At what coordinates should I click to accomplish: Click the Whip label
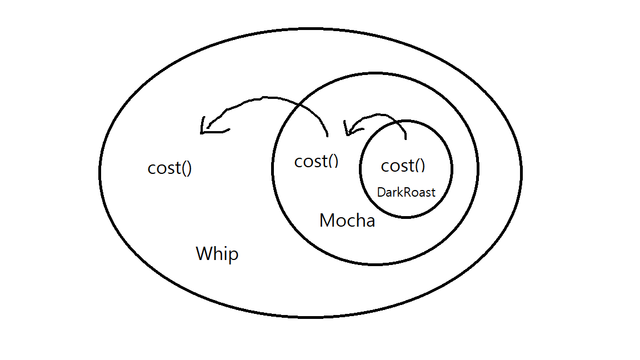click(x=217, y=254)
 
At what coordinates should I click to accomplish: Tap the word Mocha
click(x=347, y=221)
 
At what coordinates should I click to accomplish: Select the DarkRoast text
click(x=406, y=193)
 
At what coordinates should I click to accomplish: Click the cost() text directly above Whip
click(x=169, y=168)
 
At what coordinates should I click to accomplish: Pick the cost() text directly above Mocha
click(x=316, y=161)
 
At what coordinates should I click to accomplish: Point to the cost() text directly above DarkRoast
click(x=403, y=166)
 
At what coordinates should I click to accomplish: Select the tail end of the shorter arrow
click(x=407, y=138)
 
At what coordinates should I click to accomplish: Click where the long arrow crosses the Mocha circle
click(x=301, y=104)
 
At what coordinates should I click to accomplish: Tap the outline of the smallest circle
click(x=452, y=168)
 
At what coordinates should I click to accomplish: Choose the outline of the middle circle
click(x=477, y=168)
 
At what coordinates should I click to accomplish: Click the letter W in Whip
click(x=204, y=254)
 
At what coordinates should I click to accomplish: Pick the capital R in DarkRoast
click(x=404, y=193)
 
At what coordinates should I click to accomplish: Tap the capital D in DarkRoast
click(x=381, y=193)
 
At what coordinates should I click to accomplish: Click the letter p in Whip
click(x=233, y=256)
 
